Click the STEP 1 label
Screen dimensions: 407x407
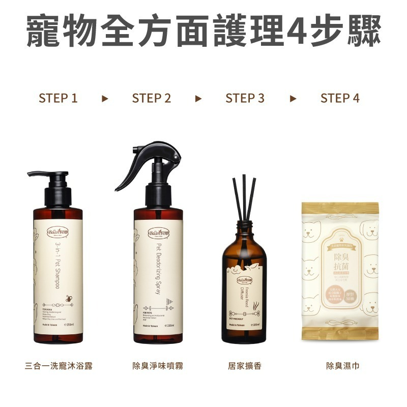click(58, 98)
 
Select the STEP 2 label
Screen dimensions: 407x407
click(152, 98)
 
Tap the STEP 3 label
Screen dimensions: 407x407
click(245, 98)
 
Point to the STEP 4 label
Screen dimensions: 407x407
click(340, 98)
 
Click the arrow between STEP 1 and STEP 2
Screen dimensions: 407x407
click(105, 98)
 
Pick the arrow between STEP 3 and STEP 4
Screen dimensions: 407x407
click(293, 98)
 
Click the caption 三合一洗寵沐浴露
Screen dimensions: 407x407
click(59, 366)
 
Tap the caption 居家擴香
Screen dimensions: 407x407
click(245, 366)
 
